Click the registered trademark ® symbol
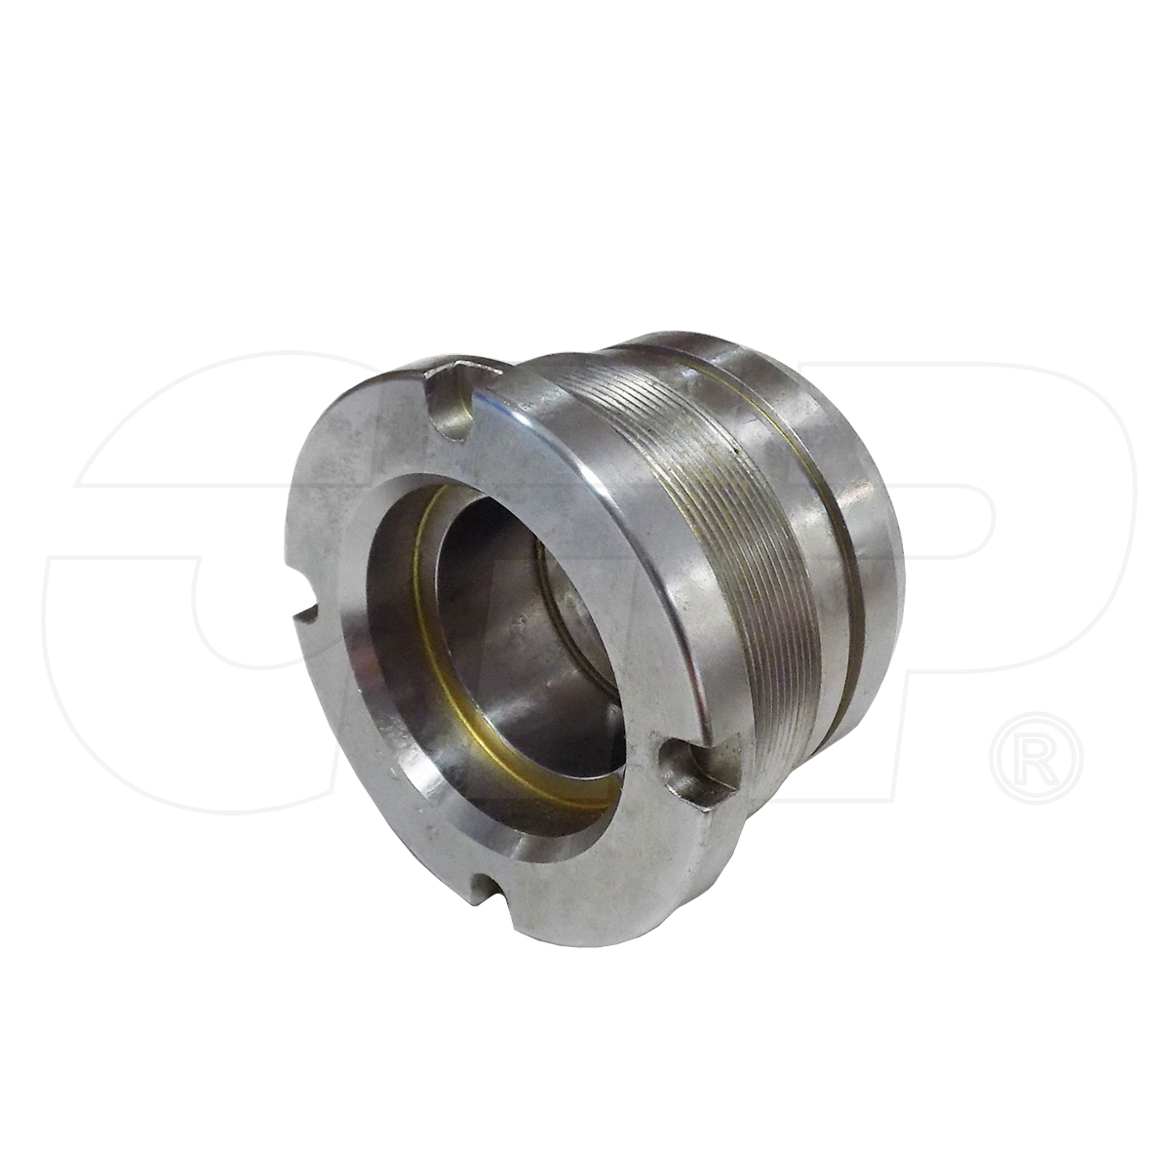click(1034, 757)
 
